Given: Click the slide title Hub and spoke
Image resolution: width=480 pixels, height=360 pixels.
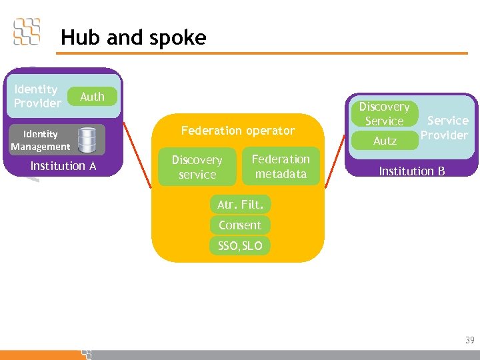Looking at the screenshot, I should (133, 37).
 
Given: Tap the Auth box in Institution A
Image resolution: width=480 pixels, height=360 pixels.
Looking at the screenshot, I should (92, 97).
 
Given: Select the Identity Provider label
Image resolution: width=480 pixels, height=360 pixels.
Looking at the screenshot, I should (37, 96).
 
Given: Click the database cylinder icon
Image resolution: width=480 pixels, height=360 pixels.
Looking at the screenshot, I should (87, 140).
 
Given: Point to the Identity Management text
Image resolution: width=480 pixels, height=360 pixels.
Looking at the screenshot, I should (40, 140).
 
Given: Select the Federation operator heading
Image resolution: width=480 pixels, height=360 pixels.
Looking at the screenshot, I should (238, 131).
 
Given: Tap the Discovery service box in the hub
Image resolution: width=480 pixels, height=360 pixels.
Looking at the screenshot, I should (197, 167).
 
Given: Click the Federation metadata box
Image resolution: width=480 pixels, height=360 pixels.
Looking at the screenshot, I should (281, 167).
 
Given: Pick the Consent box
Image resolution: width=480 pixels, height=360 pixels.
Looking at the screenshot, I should (240, 225).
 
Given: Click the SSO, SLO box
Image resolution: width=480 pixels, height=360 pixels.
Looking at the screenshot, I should (240, 245).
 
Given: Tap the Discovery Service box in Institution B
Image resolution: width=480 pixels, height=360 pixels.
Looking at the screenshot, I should (385, 114).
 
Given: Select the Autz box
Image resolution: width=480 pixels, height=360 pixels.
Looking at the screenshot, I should (385, 141).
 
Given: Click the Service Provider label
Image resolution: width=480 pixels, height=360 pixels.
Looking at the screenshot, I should (446, 127).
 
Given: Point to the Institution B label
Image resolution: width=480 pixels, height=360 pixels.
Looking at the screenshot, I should (411, 171).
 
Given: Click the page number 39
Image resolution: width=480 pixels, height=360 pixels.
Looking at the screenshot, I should (470, 341).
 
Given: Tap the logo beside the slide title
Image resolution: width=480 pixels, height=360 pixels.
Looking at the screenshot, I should (27, 31).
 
